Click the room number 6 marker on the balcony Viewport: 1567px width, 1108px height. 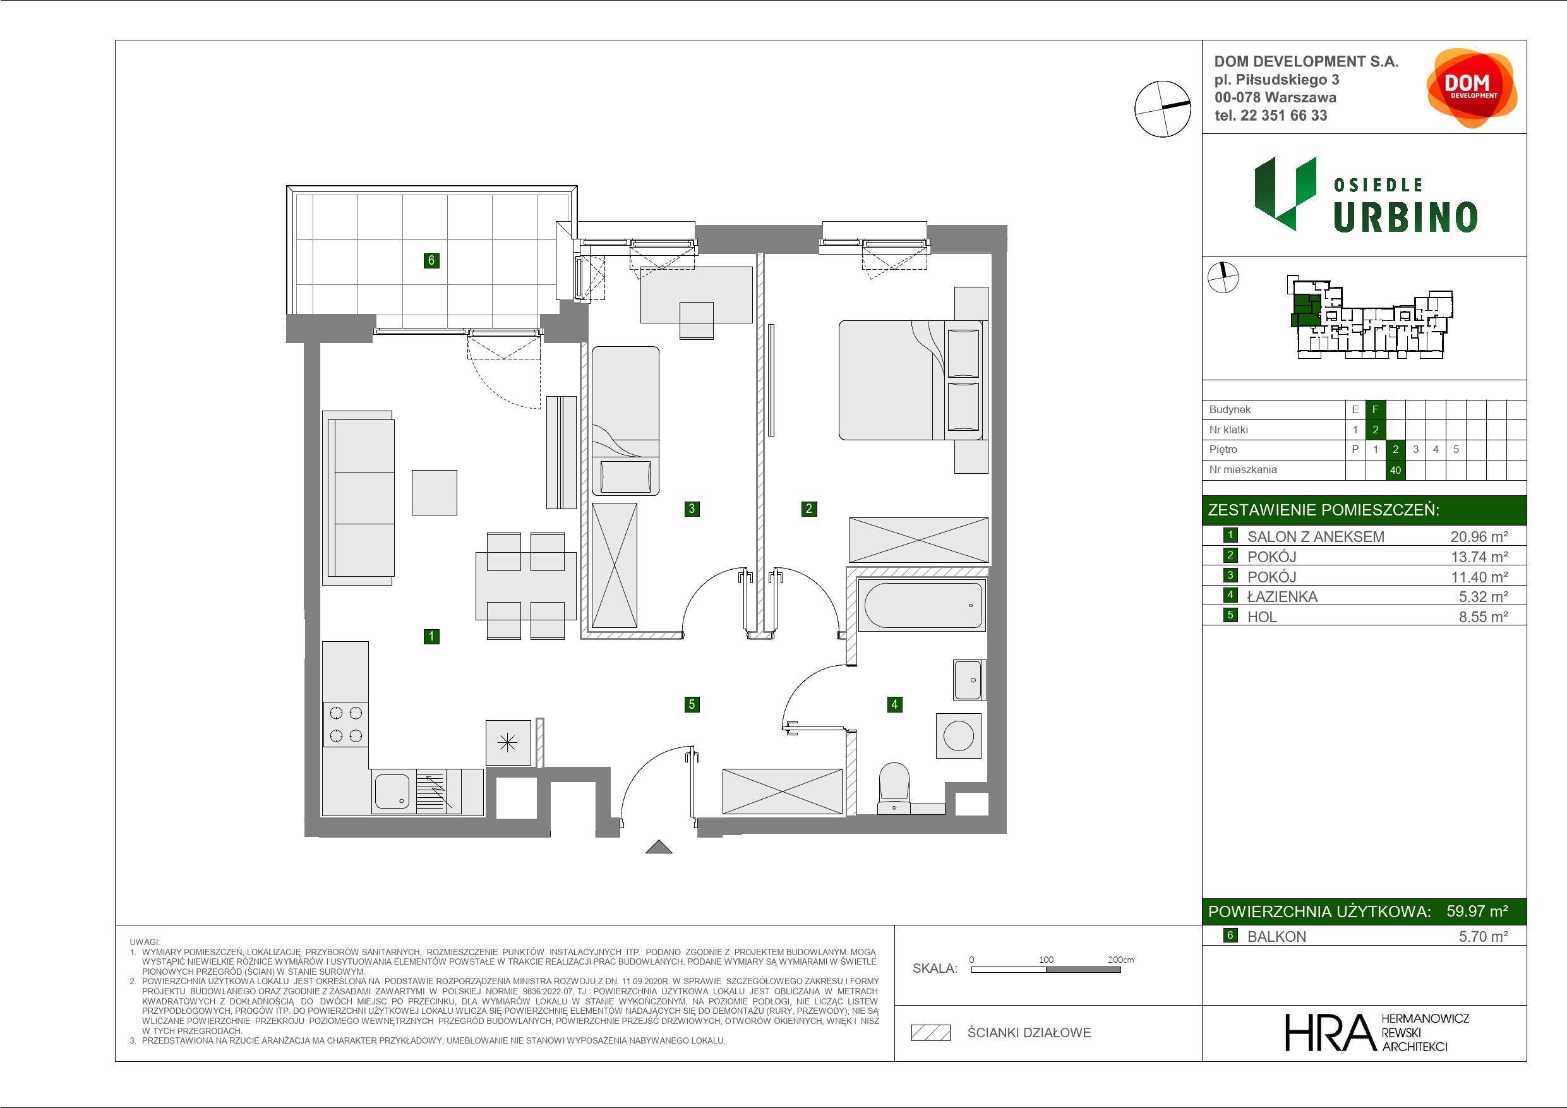(431, 260)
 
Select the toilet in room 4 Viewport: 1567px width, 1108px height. (894, 788)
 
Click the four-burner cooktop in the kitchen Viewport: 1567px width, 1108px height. (345, 725)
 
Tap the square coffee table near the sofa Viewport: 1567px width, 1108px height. (434, 492)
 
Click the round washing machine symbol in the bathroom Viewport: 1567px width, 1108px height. (958, 736)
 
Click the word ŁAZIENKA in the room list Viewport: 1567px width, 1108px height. (1282, 597)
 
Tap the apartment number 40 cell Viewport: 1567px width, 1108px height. (1395, 470)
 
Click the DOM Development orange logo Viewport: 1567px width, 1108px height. (1472, 88)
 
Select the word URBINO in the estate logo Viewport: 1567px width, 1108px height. (1405, 217)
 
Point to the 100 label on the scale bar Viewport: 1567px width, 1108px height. (1047, 959)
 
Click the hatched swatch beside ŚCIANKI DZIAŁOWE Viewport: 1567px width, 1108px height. (931, 1033)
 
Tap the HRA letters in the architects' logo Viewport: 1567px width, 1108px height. (1329, 1032)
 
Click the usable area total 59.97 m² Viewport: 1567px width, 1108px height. (1477, 911)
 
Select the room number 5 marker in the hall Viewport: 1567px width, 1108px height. (692, 704)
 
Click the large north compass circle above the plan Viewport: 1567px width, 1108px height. (1162, 109)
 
